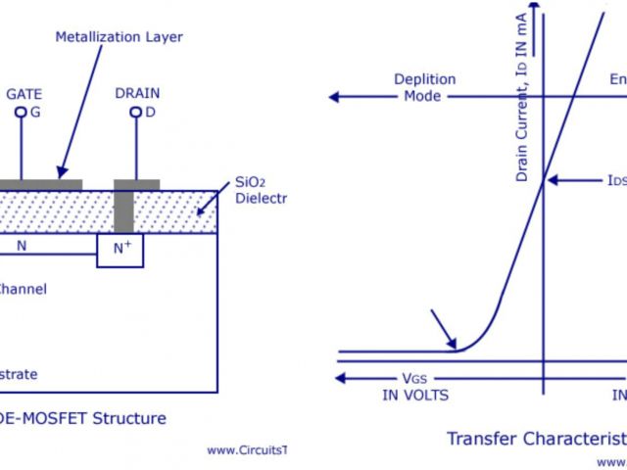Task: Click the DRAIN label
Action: click(x=137, y=93)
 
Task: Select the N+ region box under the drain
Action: click(x=120, y=249)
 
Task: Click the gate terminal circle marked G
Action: click(x=20, y=113)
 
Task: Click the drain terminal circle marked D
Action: click(x=135, y=113)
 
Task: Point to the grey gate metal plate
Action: click(x=39, y=184)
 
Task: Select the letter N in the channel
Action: click(x=22, y=247)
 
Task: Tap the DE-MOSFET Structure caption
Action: click(x=83, y=418)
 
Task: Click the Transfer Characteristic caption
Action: click(x=535, y=438)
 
